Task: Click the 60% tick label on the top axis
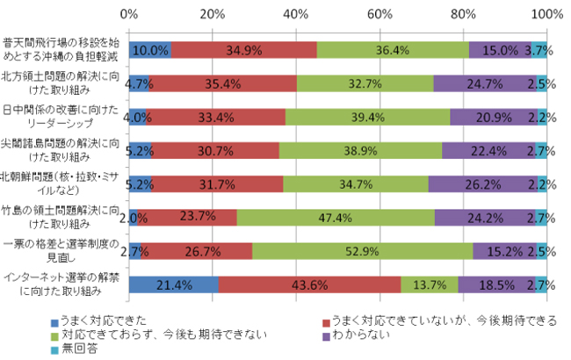[379, 13]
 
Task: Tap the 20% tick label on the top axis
[212, 13]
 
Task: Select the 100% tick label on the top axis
[546, 13]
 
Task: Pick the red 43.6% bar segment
[309, 284]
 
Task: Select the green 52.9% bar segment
[362, 251]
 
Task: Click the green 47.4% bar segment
[336, 218]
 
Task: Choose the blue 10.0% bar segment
[149, 50]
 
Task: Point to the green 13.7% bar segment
[430, 284]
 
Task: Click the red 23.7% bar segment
[186, 218]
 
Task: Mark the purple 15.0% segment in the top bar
[500, 50]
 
